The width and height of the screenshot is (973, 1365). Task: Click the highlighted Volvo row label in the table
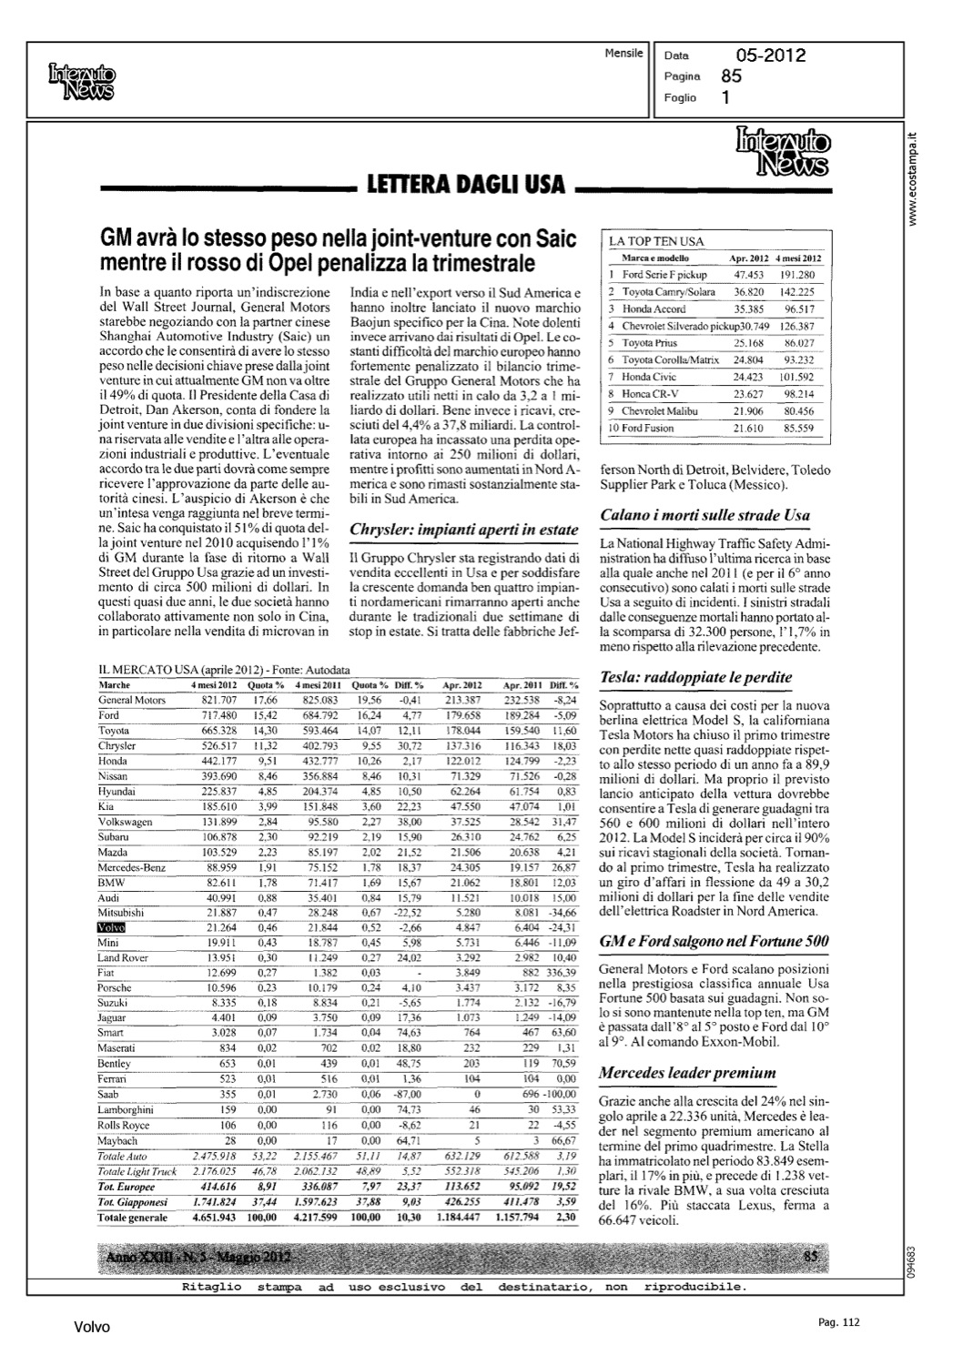click(111, 927)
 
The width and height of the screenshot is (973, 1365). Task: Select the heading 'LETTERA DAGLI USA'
click(465, 186)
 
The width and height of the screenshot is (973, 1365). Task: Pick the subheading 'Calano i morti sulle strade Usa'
click(704, 515)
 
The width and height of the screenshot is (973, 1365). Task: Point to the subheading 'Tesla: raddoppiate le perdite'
click(695, 677)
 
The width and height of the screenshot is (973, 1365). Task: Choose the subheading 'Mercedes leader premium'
click(687, 1072)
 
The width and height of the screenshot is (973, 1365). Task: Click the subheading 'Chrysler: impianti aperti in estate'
click(464, 530)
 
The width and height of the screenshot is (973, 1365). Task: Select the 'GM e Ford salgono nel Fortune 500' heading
click(714, 941)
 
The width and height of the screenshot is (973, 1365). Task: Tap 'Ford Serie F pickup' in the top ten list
click(664, 274)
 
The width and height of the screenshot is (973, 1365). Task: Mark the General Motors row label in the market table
click(132, 700)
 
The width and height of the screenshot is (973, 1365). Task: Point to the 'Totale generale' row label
click(133, 1218)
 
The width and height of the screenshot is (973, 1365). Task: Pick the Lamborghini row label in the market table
click(126, 1110)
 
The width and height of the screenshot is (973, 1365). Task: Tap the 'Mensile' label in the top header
click(623, 54)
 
